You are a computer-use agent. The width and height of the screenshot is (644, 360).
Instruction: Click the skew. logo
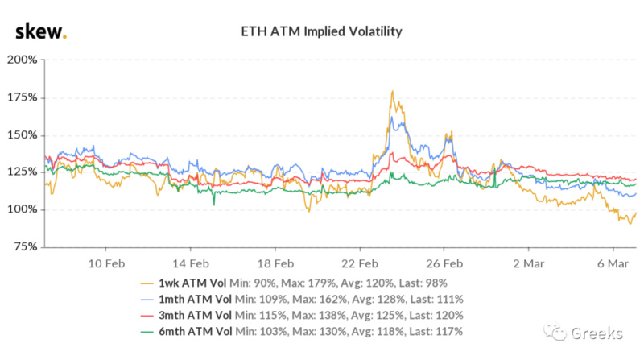pyautogui.click(x=40, y=31)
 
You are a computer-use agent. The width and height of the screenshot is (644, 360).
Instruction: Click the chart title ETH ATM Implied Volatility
pyautogui.click(x=322, y=32)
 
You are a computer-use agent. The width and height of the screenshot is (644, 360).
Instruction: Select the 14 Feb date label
pyautogui.click(x=192, y=263)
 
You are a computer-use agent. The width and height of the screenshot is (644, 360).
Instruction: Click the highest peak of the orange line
pyautogui.click(x=391, y=91)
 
